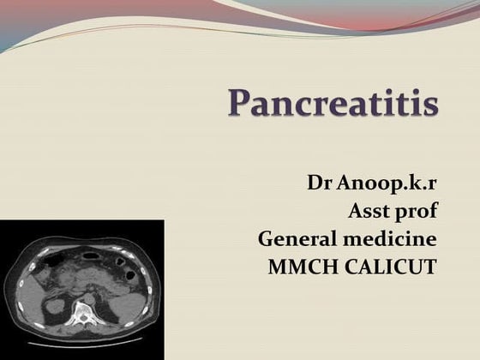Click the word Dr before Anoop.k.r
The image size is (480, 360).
click(x=320, y=183)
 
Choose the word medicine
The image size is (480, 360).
click(x=392, y=238)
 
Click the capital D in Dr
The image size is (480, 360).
click(x=315, y=183)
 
